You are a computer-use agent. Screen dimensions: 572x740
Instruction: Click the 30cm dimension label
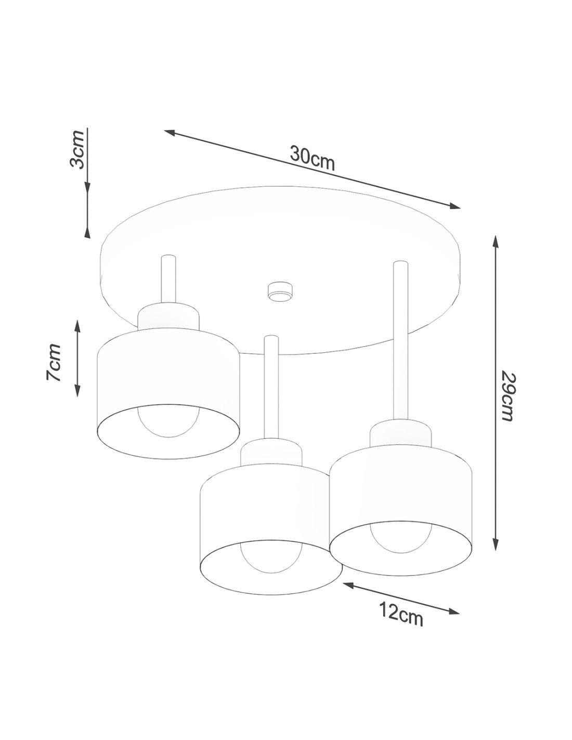(312, 158)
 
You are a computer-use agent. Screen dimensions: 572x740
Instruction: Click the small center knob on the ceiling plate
(280, 291)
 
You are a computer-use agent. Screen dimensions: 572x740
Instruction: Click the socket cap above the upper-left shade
(168, 316)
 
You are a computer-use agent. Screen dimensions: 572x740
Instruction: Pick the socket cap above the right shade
(400, 433)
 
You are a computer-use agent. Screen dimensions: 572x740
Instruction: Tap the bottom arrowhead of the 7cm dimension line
(77, 390)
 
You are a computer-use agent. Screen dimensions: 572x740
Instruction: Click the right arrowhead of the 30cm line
(453, 206)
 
